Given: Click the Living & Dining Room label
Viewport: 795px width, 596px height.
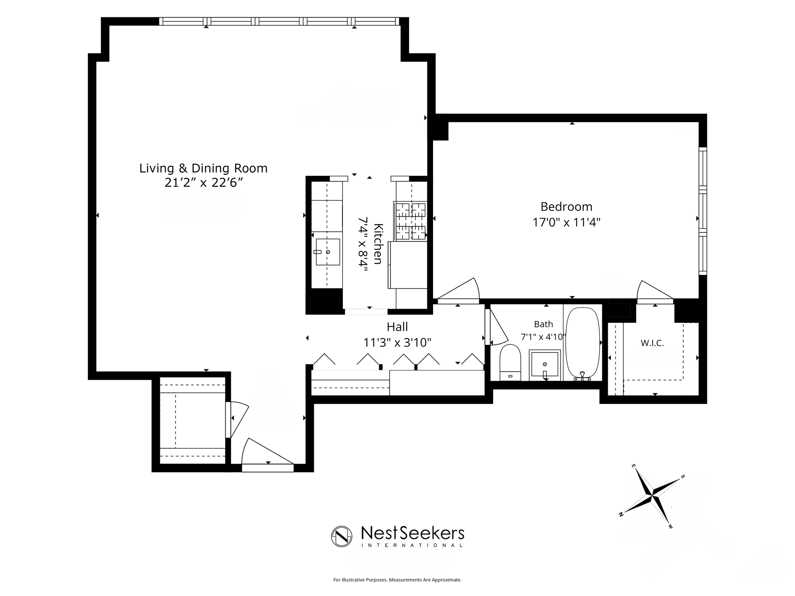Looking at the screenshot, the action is pos(203,168).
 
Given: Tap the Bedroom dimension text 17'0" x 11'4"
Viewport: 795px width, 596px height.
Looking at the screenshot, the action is pos(566,222).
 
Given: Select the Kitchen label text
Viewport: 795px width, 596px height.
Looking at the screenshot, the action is pos(378,244).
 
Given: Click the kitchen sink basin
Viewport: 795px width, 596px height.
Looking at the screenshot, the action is pos(328,252).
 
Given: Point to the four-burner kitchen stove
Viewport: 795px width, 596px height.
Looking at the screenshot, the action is pos(410,221).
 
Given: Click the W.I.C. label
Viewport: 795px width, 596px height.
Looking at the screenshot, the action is pos(652,343).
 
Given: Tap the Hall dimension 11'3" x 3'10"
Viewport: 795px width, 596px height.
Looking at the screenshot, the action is pos(397,343).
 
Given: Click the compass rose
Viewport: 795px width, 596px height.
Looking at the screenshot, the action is pos(652,494).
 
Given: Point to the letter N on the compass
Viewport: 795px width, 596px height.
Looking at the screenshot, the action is pos(621,514).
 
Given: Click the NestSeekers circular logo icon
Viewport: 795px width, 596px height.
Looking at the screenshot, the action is pos(342,536).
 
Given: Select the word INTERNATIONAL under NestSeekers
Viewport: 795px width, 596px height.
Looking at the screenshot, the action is pos(412,546).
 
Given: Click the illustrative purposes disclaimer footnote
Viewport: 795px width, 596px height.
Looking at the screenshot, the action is pos(397,580).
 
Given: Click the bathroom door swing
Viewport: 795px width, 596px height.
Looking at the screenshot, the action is pos(496,326).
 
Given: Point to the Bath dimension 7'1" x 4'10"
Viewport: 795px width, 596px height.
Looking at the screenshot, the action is pos(543,337).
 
